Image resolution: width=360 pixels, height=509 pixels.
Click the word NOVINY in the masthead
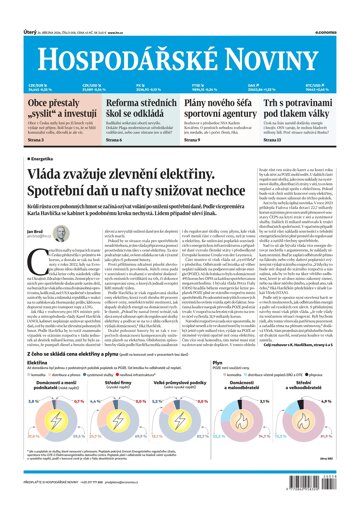pos(281,32)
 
